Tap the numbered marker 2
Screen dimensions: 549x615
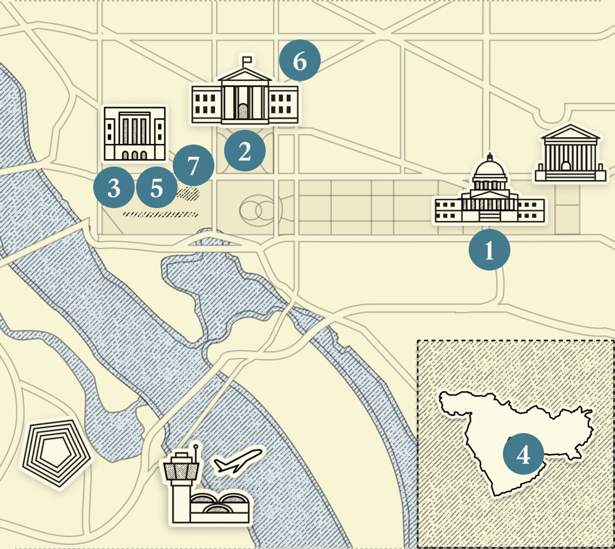click(245, 152)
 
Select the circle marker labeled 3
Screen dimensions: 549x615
click(114, 188)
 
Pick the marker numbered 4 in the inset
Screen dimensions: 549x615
click(523, 454)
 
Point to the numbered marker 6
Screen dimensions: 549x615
click(300, 61)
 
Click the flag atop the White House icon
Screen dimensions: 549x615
click(247, 59)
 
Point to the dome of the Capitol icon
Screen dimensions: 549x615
click(490, 171)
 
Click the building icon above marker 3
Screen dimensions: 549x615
click(134, 133)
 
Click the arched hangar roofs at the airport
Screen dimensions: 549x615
click(218, 503)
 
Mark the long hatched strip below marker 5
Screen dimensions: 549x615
click(160, 214)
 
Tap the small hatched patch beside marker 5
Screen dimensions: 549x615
click(188, 193)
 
